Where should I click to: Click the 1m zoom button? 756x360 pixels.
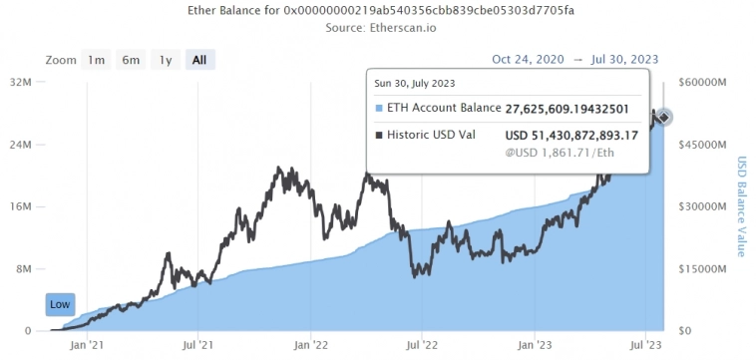point(97,60)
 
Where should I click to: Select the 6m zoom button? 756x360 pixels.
point(131,60)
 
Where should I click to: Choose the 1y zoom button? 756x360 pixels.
point(166,60)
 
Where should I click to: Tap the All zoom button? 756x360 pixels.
point(199,60)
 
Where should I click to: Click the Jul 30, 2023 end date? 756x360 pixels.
point(631,59)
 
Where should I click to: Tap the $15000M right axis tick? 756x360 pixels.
point(702,269)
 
